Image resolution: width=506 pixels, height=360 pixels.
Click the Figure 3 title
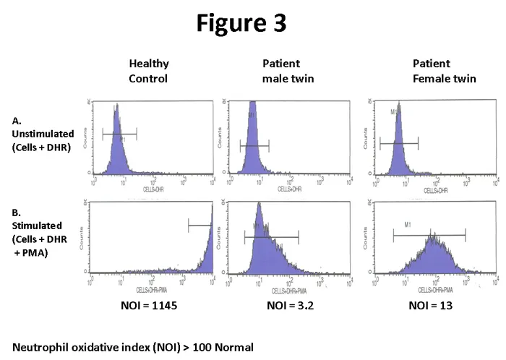pos(242,22)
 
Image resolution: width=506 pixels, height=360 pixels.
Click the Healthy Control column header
pos(148,71)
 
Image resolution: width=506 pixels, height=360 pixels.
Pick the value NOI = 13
pos(431,306)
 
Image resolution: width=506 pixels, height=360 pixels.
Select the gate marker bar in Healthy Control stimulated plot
pos(200,226)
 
